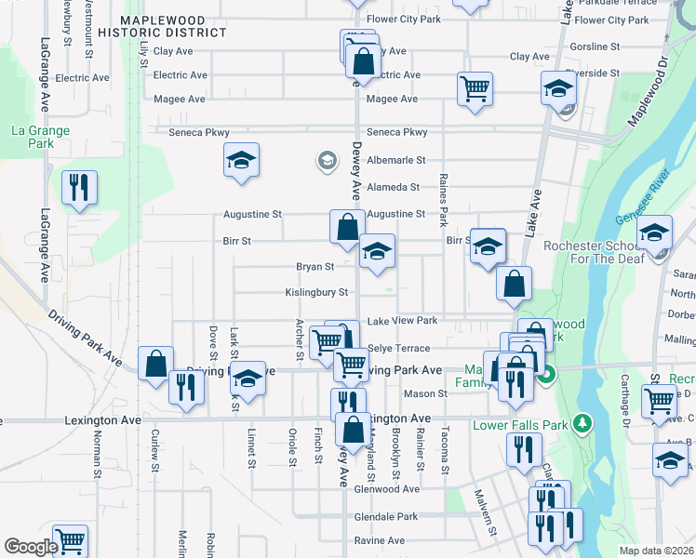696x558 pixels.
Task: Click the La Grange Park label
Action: tap(40, 138)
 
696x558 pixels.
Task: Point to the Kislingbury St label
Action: tap(316, 292)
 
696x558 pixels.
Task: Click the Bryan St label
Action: tap(315, 267)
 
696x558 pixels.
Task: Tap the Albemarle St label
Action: tap(395, 161)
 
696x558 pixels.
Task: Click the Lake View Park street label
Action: tap(402, 321)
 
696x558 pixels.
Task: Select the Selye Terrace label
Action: tap(399, 349)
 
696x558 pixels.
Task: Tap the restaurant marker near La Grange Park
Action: tap(80, 187)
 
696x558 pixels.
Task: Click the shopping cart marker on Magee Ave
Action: tap(475, 89)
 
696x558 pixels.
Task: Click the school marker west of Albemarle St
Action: tap(241, 161)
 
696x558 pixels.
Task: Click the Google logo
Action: tap(31, 547)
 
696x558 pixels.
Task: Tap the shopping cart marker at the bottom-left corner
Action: tap(70, 540)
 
